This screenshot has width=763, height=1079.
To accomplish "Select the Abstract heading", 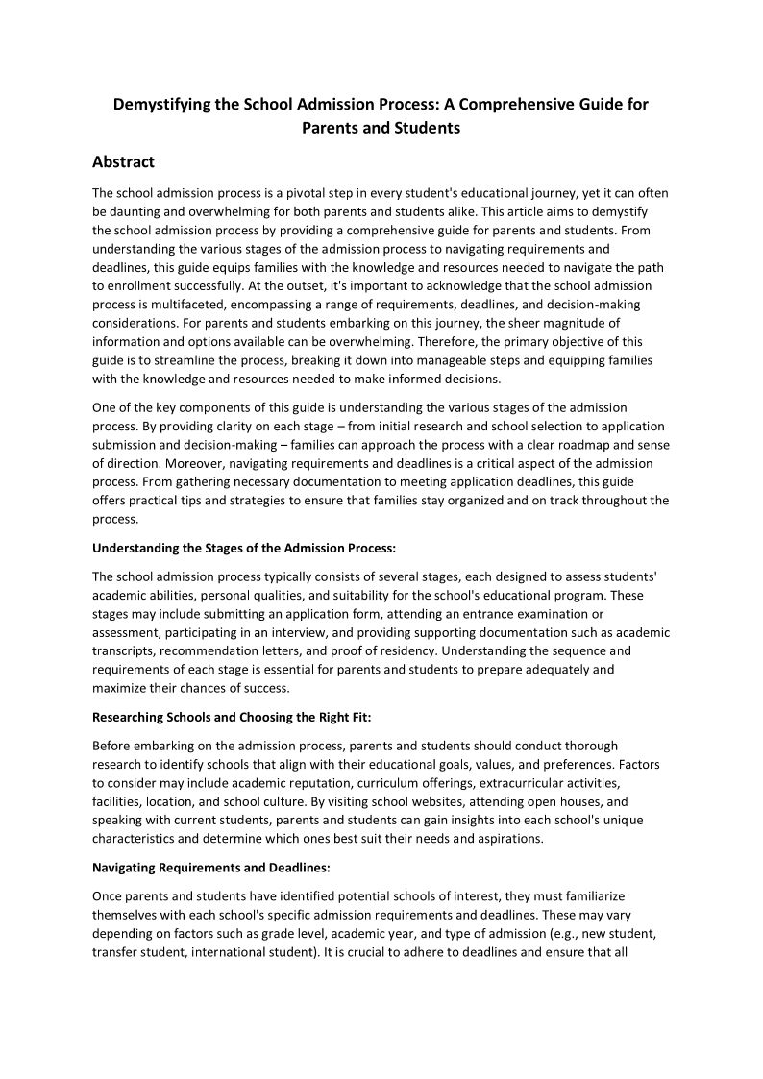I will pyautogui.click(x=123, y=161).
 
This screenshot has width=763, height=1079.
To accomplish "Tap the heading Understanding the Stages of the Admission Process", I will pyautogui.click(x=243, y=548).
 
